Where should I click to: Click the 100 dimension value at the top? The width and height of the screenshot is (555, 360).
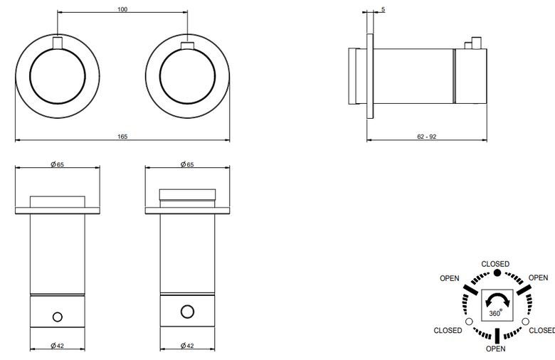pyautogui.click(x=122, y=9)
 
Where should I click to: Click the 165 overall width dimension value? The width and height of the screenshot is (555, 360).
pyautogui.click(x=122, y=137)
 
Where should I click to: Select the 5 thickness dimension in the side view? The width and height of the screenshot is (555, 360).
pyautogui.click(x=383, y=9)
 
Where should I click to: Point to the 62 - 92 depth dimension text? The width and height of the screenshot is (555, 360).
pyautogui.click(x=426, y=137)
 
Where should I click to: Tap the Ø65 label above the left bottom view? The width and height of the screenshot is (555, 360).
pyautogui.click(x=58, y=164)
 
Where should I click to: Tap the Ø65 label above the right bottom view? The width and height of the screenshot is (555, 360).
pyautogui.click(x=187, y=164)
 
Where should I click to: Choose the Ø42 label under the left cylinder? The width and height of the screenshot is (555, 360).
pyautogui.click(x=58, y=346)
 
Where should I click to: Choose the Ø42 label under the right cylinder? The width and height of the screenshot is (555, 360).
pyautogui.click(x=187, y=346)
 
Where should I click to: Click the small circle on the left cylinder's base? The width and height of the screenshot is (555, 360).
pyautogui.click(x=58, y=317)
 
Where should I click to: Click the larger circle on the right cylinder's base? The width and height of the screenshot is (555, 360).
pyautogui.click(x=187, y=312)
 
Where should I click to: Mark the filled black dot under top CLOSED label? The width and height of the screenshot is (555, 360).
pyautogui.click(x=497, y=272)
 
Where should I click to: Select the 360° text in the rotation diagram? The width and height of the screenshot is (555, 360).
pyautogui.click(x=495, y=313)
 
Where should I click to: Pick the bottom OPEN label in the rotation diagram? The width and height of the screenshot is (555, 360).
pyautogui.click(x=495, y=349)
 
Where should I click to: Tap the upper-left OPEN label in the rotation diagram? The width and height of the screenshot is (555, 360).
pyautogui.click(x=450, y=278)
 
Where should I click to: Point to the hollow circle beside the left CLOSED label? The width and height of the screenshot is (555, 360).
pyautogui.click(x=469, y=322)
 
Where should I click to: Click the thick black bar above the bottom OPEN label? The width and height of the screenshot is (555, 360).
pyautogui.click(x=497, y=336)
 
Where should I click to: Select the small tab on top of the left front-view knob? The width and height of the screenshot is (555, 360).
pyautogui.click(x=58, y=43)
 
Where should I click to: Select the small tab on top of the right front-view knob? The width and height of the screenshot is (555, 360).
pyautogui.click(x=187, y=46)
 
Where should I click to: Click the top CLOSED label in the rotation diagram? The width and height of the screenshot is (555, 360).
pyautogui.click(x=495, y=264)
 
